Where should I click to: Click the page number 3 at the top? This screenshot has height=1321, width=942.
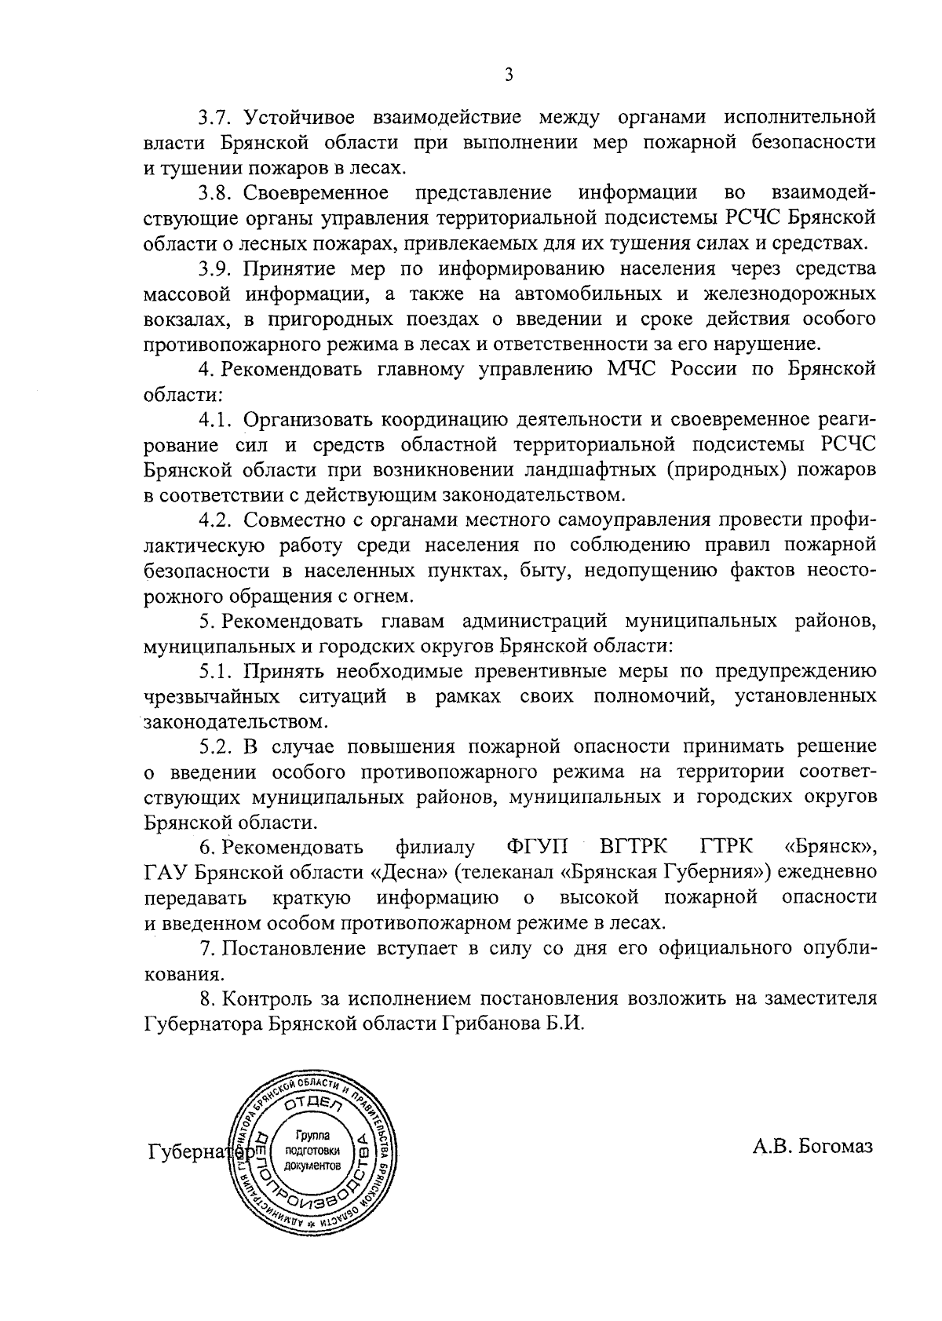pos(509,75)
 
